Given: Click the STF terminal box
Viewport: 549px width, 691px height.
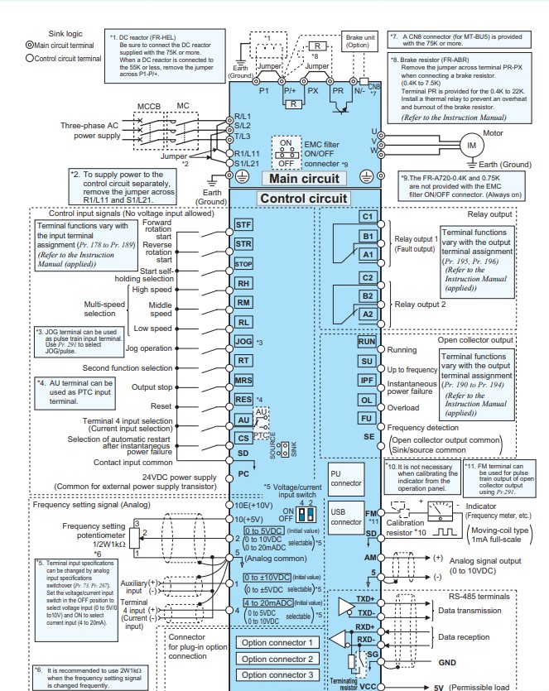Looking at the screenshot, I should pyautogui.click(x=243, y=224).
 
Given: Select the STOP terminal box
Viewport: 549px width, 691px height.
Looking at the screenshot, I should pyautogui.click(x=243, y=264).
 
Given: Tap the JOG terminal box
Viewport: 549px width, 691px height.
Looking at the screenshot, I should pyautogui.click(x=243, y=341).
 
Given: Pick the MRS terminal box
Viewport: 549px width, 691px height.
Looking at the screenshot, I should pyautogui.click(x=243, y=380).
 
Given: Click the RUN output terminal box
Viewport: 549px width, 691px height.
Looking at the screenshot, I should pyautogui.click(x=367, y=342).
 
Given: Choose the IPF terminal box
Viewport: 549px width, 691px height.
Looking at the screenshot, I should pyautogui.click(x=367, y=380).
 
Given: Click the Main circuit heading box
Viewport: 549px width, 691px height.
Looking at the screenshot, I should pyautogui.click(x=303, y=178).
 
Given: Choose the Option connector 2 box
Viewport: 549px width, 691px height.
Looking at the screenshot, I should pyautogui.click(x=277, y=659).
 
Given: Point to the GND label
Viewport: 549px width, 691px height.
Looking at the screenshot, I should pyautogui.click(x=448, y=663).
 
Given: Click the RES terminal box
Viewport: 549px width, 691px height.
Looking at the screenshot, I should pyautogui.click(x=243, y=399).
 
